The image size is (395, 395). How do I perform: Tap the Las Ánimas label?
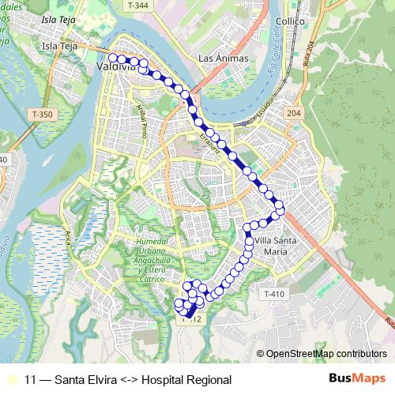224,58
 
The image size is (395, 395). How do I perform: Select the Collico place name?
291,21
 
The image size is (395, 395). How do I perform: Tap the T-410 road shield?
272,294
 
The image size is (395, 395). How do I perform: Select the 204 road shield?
294,114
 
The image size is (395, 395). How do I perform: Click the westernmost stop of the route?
113,58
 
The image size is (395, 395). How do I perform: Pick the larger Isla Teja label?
62,47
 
